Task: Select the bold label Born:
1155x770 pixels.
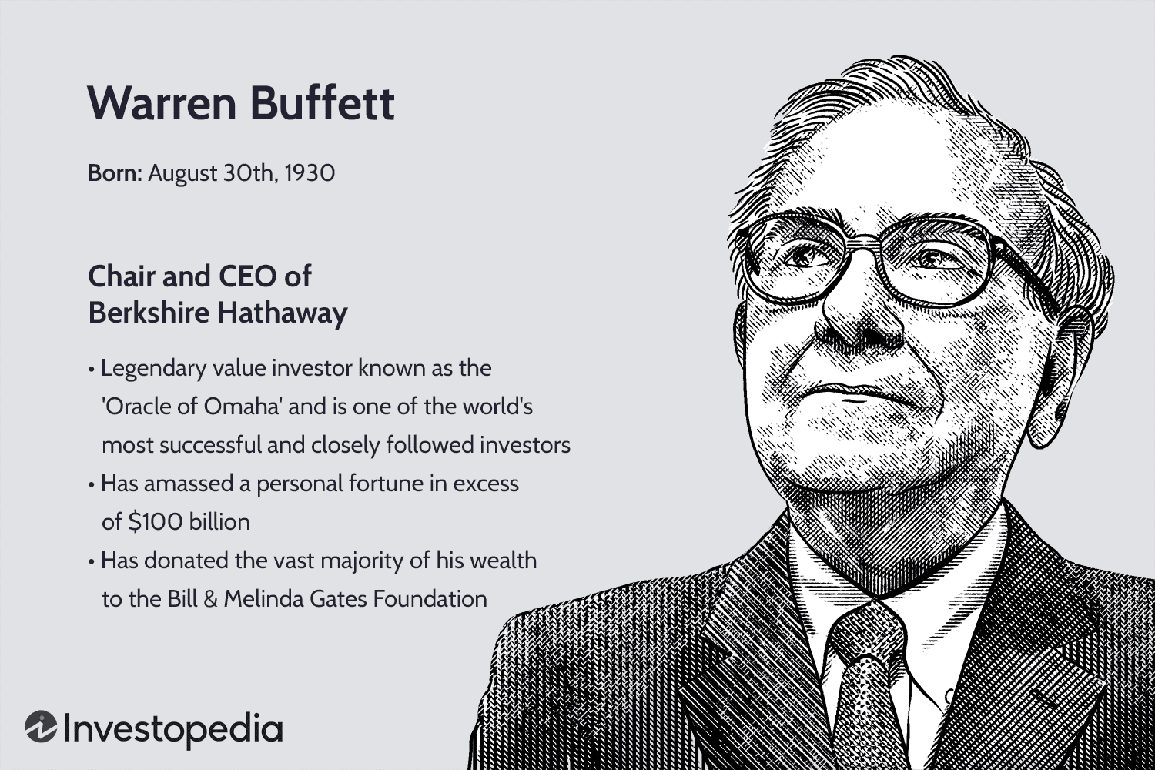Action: tap(115, 173)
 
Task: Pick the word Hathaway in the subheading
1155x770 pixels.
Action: tap(282, 313)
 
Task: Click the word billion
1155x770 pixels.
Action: tap(219, 522)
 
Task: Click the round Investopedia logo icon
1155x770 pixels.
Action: tap(40, 728)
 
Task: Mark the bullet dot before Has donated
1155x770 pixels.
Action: tap(92, 562)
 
